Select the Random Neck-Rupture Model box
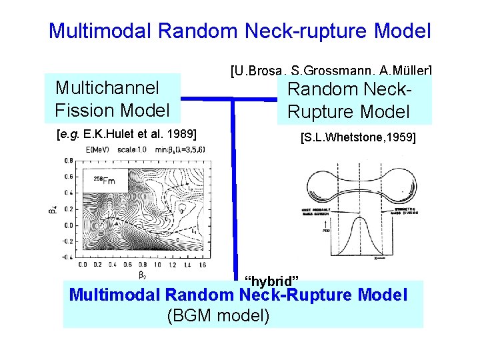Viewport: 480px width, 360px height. (355, 100)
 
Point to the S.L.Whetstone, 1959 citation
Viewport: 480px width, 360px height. (358, 138)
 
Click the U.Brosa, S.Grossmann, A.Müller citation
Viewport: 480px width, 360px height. (331, 69)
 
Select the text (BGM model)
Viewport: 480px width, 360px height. (218, 315)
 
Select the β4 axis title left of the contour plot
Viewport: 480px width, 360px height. (53, 209)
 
